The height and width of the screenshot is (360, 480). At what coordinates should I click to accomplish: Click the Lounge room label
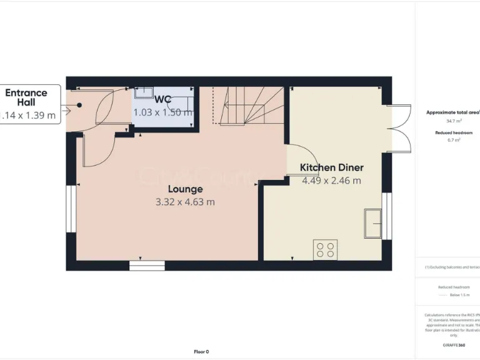pos(185,189)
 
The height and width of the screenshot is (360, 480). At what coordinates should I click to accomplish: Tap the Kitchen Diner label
pos(331,167)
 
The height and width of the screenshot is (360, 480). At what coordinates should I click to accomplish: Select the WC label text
pos(163,99)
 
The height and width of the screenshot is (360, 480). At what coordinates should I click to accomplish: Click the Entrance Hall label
pos(26,97)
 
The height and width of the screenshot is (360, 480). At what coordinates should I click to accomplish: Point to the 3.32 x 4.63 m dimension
pos(185,202)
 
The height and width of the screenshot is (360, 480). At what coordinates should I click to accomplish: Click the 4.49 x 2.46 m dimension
pos(331,181)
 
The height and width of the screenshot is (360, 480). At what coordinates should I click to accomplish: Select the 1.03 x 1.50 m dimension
pos(163,112)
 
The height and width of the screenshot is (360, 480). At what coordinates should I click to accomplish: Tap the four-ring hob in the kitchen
pos(324,249)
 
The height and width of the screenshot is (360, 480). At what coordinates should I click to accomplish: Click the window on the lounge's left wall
pos(71,209)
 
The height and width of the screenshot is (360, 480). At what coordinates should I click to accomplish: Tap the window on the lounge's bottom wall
pos(146,266)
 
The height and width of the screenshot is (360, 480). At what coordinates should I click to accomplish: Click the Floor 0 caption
pos(201,351)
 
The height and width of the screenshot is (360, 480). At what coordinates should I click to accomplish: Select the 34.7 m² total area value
pos(453,121)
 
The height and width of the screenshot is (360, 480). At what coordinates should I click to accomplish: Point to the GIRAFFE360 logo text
pos(454,345)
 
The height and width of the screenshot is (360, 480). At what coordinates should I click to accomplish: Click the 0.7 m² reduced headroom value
pos(454,141)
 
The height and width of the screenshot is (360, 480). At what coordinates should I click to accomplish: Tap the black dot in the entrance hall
pos(79,105)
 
